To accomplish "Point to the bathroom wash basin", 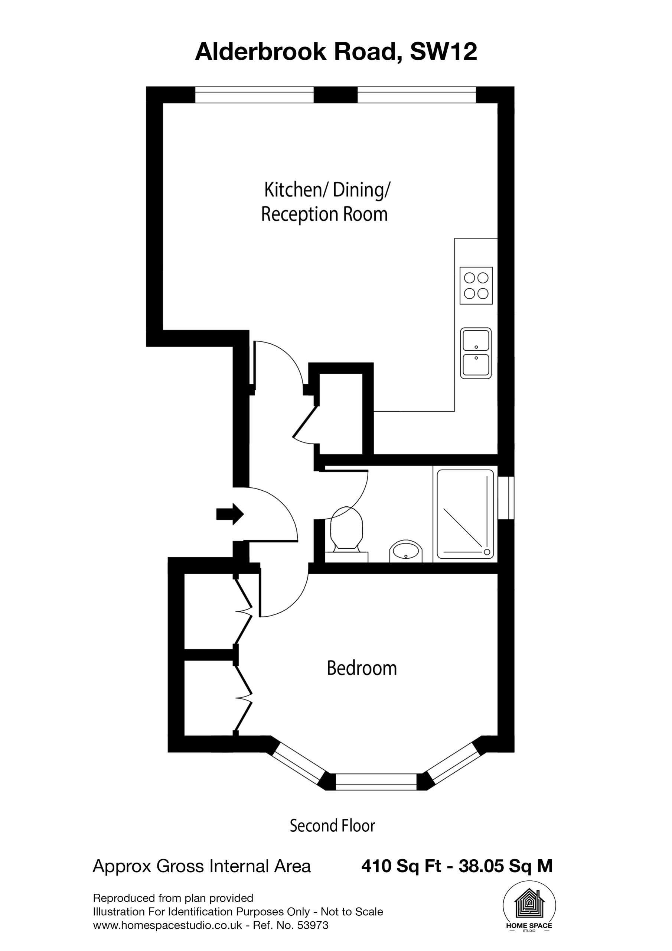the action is coord(406,551).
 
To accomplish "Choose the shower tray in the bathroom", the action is coord(466,514).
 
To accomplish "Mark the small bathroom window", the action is coord(506,497).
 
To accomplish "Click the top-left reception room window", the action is coord(254,95).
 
